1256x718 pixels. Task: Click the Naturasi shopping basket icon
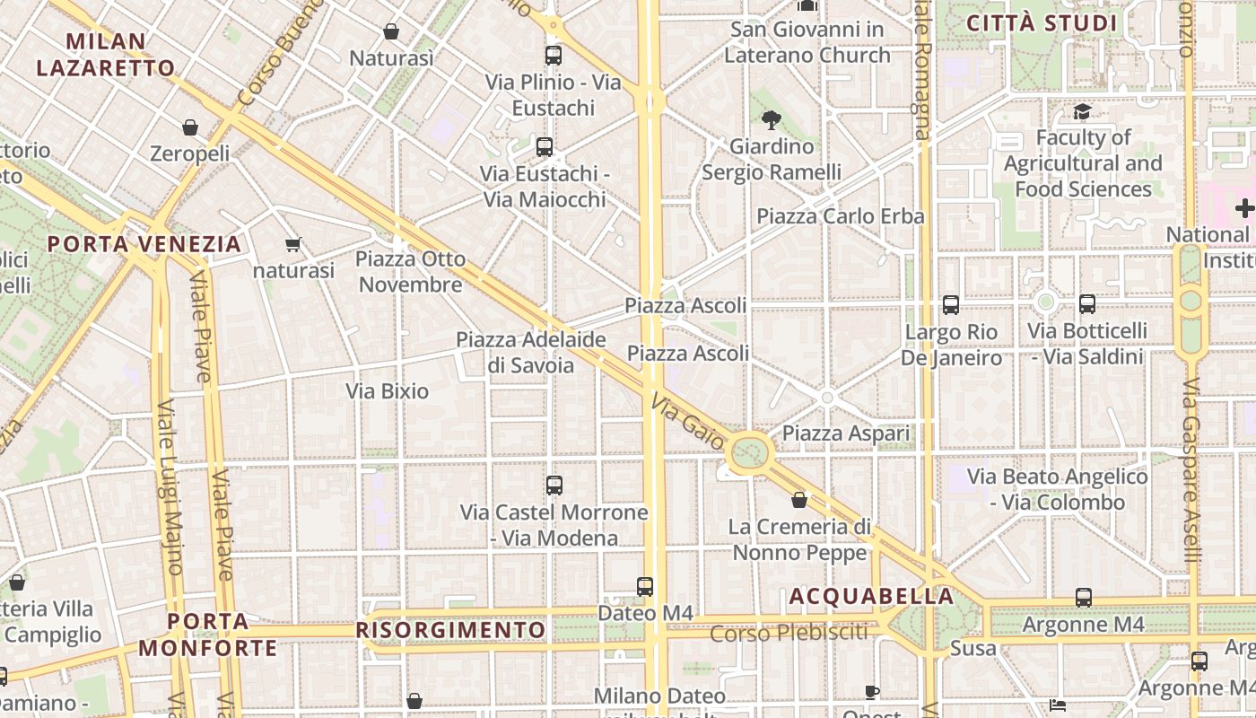click(391, 32)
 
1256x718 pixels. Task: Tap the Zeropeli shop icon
click(190, 128)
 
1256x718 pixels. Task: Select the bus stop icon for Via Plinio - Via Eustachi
click(554, 56)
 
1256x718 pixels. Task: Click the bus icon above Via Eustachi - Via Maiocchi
click(545, 147)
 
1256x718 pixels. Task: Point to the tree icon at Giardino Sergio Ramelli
click(771, 120)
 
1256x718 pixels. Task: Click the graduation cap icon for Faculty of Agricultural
click(1083, 112)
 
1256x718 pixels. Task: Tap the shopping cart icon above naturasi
click(292, 244)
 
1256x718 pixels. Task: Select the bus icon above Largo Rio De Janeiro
click(951, 305)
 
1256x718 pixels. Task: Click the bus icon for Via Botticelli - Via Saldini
click(1087, 304)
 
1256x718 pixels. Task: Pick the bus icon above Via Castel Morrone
click(554, 486)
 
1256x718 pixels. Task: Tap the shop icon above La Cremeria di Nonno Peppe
click(799, 500)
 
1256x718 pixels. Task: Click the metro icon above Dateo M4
click(645, 587)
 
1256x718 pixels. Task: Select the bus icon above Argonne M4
click(1084, 598)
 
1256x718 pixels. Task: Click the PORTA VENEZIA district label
click(144, 244)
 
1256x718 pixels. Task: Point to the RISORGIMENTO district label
click(451, 630)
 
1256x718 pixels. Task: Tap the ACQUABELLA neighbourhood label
click(871, 597)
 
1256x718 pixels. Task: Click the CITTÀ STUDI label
click(1042, 23)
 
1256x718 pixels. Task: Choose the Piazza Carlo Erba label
click(840, 216)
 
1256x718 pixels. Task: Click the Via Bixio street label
click(388, 391)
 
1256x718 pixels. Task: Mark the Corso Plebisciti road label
click(789, 633)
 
